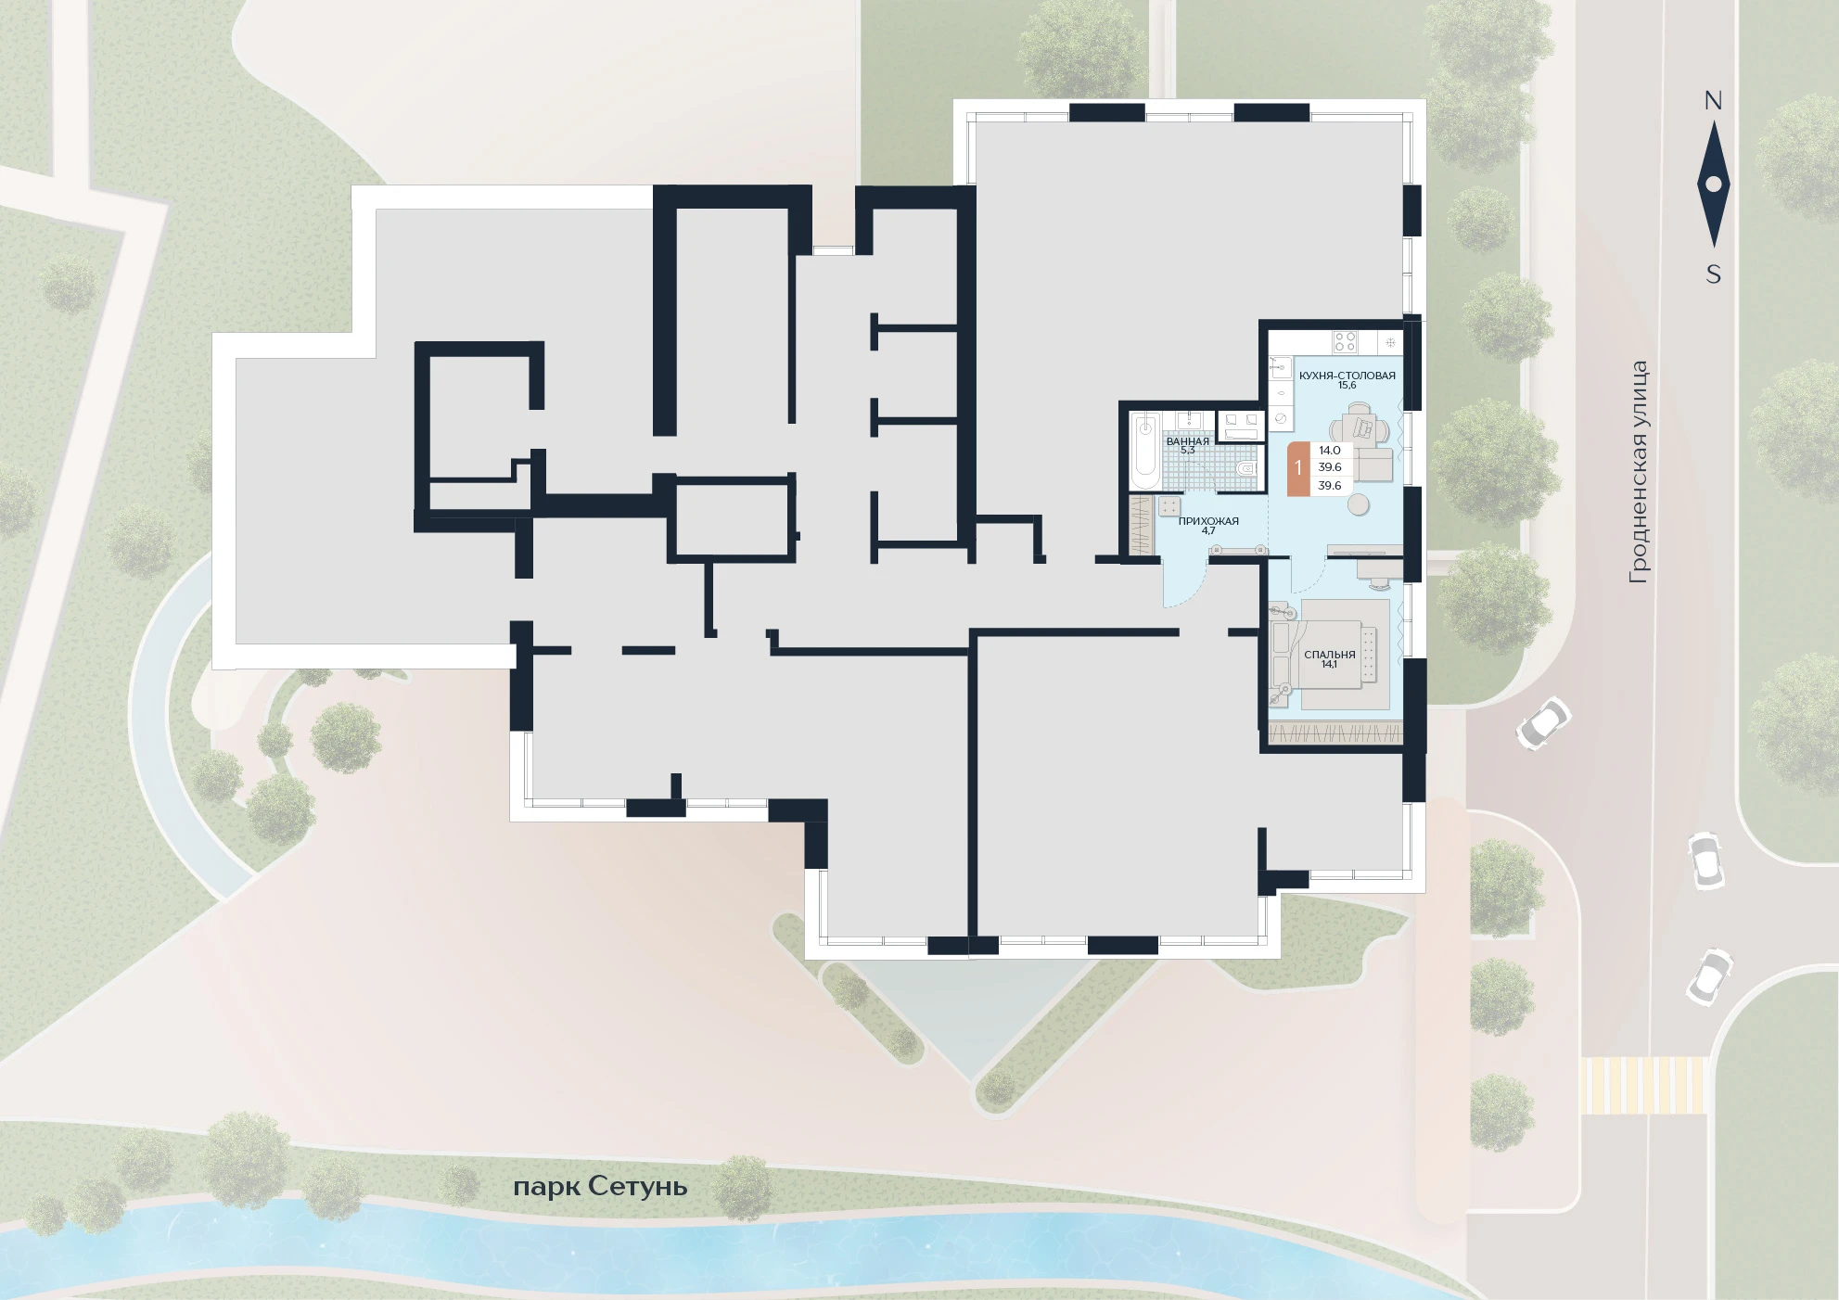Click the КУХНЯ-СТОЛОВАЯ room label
click(x=1347, y=376)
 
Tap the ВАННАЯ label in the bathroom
click(x=1187, y=441)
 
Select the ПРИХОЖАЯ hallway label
click(x=1208, y=521)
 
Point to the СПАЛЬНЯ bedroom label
click(x=1329, y=654)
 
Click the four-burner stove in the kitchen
click(x=1345, y=341)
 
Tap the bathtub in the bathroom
click(x=1145, y=452)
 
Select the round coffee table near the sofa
click(x=1359, y=503)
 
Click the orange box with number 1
click(x=1298, y=468)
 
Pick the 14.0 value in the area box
click(x=1330, y=451)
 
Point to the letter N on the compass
click(x=1713, y=101)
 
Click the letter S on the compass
click(x=1714, y=274)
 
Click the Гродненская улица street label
click(x=1639, y=472)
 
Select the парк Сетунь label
click(x=600, y=1187)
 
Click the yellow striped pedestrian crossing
click(x=1643, y=1085)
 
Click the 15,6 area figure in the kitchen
click(x=1347, y=386)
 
